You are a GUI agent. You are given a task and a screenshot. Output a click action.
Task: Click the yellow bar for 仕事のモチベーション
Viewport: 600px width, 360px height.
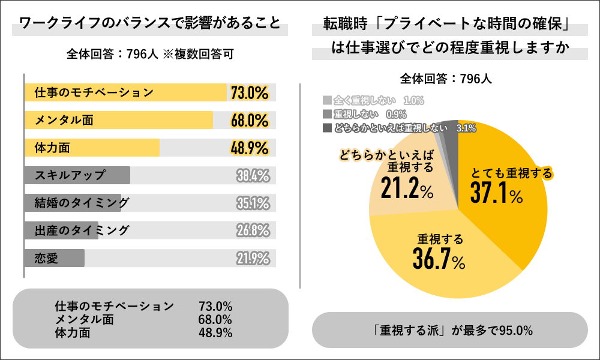[x=126, y=92]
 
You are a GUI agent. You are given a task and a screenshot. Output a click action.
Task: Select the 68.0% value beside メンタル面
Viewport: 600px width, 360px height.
[x=249, y=120]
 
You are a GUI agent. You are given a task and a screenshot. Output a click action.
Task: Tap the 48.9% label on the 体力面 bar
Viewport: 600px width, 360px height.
[x=249, y=148]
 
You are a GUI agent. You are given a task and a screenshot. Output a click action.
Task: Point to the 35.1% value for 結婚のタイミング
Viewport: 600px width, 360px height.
[x=253, y=203]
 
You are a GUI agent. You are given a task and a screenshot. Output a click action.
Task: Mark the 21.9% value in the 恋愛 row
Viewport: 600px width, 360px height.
[x=253, y=258]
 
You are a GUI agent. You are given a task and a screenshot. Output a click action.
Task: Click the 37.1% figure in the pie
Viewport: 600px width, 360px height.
[x=496, y=193]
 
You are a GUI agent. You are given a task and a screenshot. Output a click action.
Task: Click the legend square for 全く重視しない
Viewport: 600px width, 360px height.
[x=326, y=100]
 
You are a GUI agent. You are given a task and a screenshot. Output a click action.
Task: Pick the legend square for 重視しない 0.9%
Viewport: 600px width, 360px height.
[x=326, y=114]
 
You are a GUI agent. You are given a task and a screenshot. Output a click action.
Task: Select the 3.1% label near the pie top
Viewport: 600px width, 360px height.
[x=466, y=127]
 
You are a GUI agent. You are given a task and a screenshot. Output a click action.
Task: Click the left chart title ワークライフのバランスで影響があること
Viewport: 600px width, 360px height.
[x=150, y=25]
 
